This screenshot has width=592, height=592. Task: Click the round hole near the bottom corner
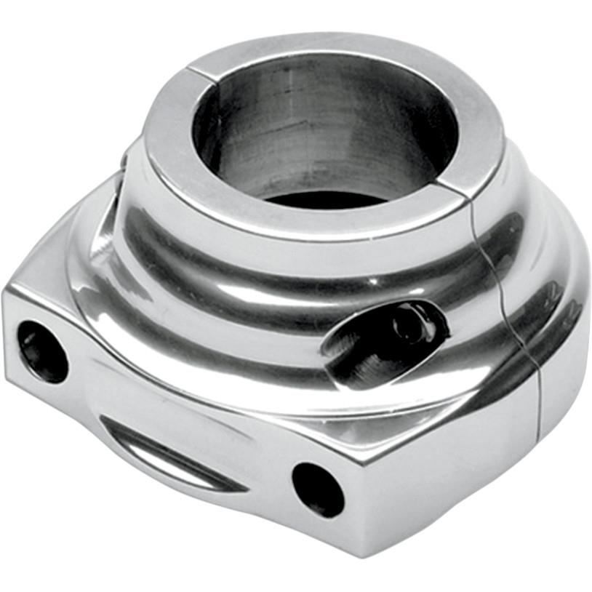point(318,489)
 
